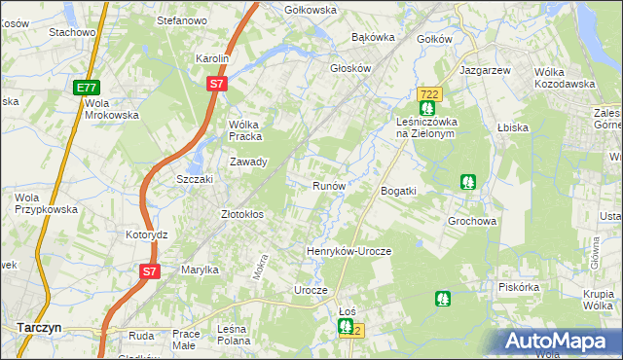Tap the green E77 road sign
[86, 88]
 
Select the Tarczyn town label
[39, 328]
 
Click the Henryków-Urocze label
[348, 251]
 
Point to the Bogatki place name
[398, 191]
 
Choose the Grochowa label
[472, 221]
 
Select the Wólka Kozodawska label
[565, 78]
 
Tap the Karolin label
[211, 58]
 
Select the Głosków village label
[351, 69]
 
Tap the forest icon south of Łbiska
[468, 181]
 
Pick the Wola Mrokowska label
[112, 109]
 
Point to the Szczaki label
[194, 181]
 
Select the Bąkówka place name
[373, 38]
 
